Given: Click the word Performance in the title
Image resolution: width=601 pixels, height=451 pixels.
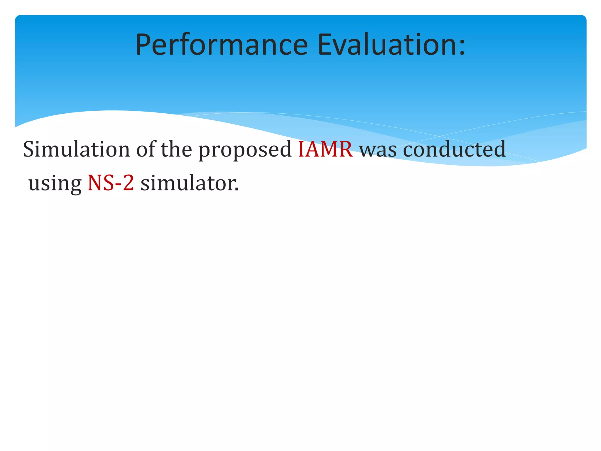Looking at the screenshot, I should point(222,45).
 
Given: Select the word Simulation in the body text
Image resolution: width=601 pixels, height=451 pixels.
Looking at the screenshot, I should point(77,149).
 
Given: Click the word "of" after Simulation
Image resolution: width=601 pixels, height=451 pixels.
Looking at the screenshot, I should point(146,149).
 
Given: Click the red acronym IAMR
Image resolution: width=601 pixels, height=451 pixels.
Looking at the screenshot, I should point(325,149).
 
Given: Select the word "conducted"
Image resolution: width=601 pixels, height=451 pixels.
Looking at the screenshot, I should point(454,149).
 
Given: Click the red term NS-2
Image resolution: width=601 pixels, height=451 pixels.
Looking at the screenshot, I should point(111,183).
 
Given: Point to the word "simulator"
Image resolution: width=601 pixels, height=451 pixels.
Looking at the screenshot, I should point(188,183).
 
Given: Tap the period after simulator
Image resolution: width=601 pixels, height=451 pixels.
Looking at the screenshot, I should point(237,189).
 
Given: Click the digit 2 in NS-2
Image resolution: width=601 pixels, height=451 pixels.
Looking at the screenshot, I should point(128,183).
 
